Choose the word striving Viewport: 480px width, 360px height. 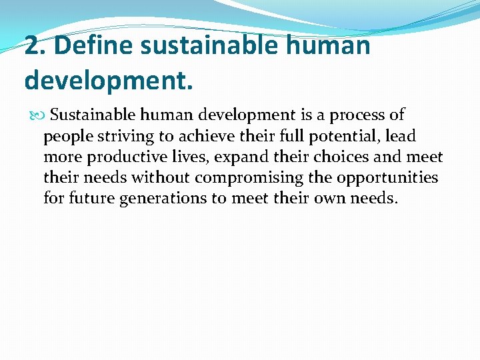pos(115,136)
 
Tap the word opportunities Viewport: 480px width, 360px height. pos(387,178)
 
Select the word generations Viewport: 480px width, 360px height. pos(167,199)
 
